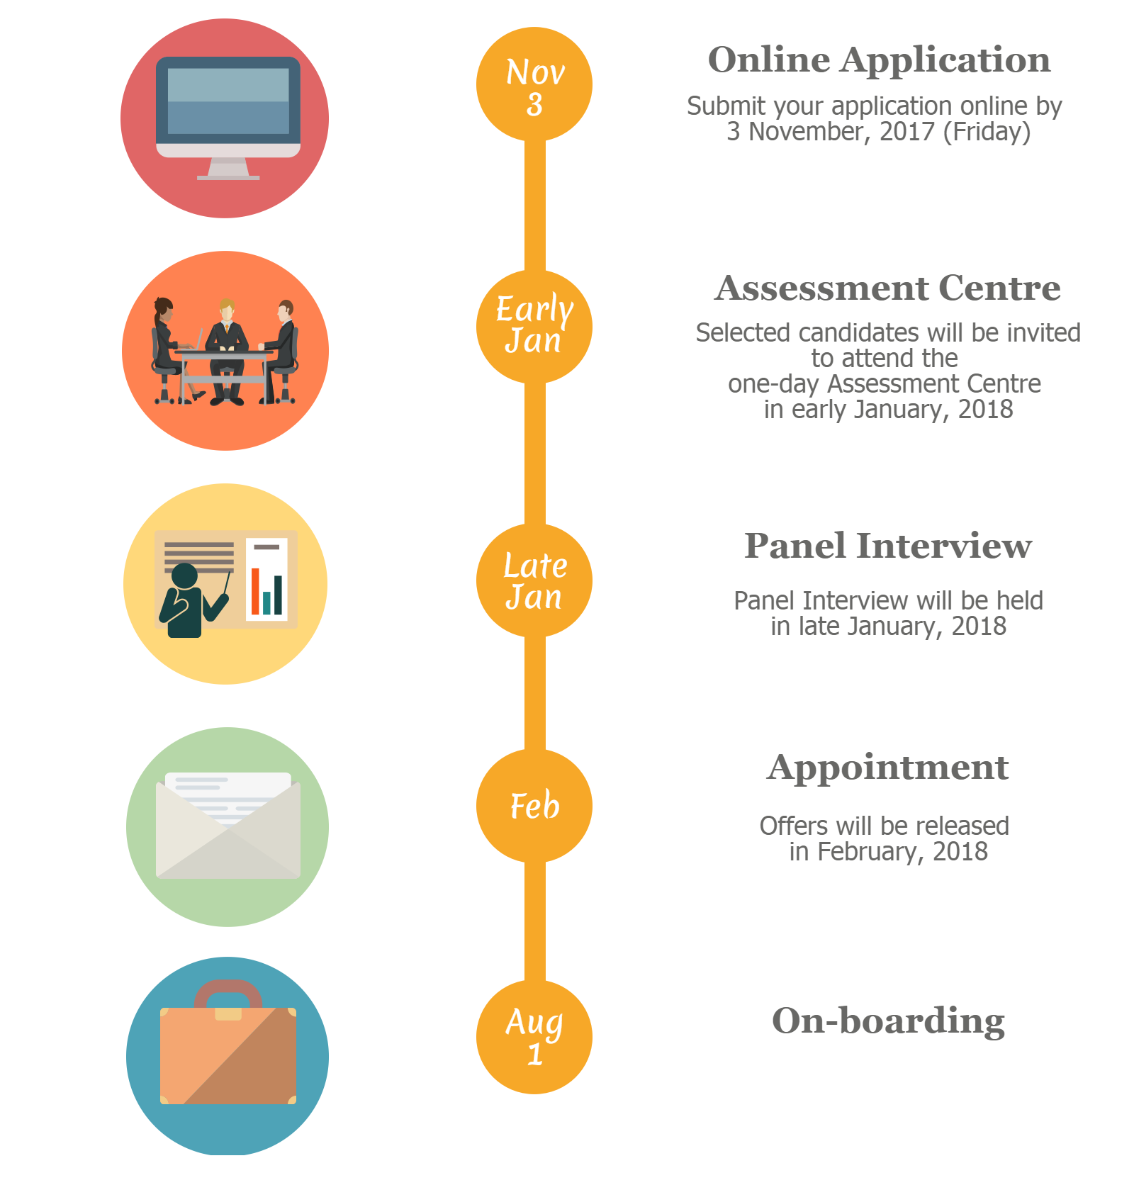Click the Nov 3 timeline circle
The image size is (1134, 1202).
[534, 84]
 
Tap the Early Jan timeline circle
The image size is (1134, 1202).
[534, 327]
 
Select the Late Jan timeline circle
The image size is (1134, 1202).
[534, 580]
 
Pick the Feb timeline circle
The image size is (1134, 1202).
[534, 806]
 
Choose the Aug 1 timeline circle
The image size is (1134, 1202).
[534, 1037]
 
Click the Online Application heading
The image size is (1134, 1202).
[879, 60]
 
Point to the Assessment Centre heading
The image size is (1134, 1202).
[887, 288]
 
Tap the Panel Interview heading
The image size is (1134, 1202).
[888, 546]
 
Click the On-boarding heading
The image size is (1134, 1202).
[888, 1021]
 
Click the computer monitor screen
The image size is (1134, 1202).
[228, 101]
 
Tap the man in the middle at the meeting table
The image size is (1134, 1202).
[227, 351]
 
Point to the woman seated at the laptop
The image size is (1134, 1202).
[167, 350]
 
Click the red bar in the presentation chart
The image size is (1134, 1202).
[255, 590]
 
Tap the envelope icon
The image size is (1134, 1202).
[228, 826]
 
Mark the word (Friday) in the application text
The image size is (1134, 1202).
[987, 133]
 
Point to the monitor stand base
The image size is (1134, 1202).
[228, 177]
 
